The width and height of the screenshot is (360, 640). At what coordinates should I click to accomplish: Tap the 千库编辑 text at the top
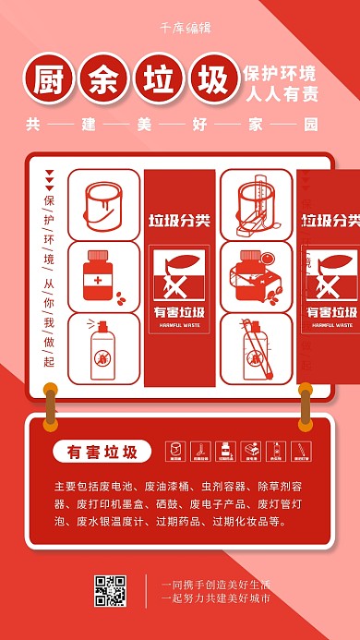point(180,29)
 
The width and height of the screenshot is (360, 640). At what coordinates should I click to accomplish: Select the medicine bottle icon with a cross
point(97,274)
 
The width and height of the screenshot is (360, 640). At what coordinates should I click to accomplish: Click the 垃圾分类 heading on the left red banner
point(179,221)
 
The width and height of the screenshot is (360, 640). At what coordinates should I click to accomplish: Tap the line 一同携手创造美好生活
point(216,584)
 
